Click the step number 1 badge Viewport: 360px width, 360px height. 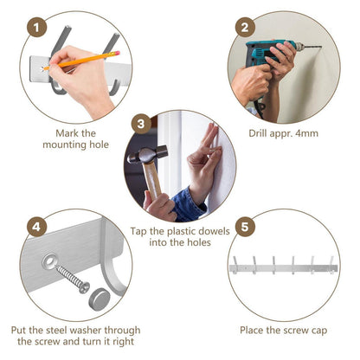[36, 28]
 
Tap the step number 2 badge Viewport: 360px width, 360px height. [245, 28]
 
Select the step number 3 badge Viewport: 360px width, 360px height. [141, 124]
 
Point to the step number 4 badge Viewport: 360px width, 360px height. [36, 227]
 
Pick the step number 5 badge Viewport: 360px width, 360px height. [245, 227]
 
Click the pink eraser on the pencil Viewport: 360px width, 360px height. [117, 54]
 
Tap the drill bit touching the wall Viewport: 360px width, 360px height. [312, 47]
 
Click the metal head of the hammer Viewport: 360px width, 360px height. [147, 155]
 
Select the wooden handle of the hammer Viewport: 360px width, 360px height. [152, 180]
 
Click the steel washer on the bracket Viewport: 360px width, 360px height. [49, 261]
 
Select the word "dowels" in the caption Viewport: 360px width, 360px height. [213, 231]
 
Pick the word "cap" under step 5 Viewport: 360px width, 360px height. [319, 331]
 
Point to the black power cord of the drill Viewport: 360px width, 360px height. [260, 107]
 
